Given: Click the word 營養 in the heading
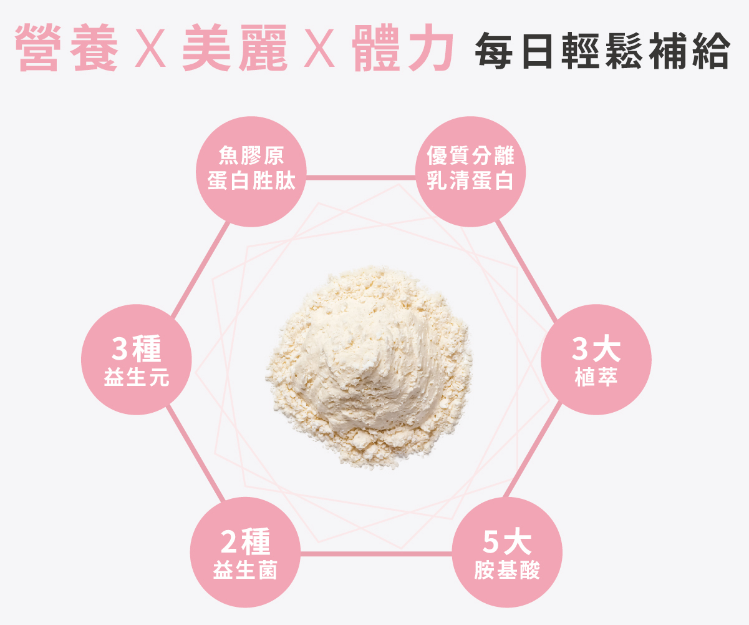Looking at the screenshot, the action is (x=66, y=49).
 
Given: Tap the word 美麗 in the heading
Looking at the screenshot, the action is (x=235, y=49).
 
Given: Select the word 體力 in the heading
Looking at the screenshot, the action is (x=402, y=49).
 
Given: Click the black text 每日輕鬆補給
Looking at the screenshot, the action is (x=601, y=50).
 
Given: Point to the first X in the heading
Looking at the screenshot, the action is (x=151, y=49).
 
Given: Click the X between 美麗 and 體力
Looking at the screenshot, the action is (x=320, y=49).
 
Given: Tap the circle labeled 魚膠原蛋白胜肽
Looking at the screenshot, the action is (x=251, y=171).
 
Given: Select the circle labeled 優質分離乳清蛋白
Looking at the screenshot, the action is (x=470, y=171).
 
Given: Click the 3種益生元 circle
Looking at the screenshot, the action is (x=137, y=360).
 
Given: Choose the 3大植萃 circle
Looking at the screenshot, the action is (x=596, y=360).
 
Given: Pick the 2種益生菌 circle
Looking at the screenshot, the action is (x=245, y=552).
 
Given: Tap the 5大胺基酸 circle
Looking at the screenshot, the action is (x=507, y=552).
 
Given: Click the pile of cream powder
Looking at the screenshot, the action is (x=369, y=365).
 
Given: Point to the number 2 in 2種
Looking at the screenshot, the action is (x=229, y=541).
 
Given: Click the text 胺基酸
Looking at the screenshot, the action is (x=507, y=570).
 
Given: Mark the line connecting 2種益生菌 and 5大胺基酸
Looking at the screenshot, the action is (x=376, y=553).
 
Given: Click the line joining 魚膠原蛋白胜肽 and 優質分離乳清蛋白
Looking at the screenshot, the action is (x=360, y=177).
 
